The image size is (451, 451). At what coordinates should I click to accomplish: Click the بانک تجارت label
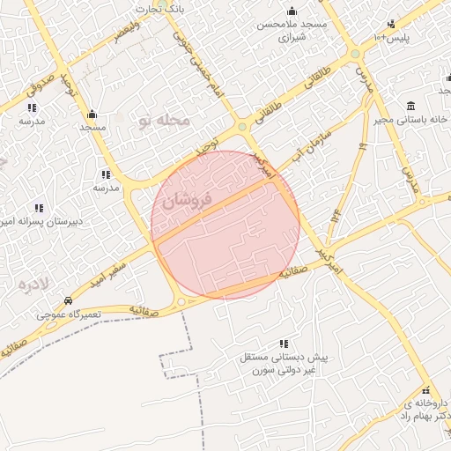click(158, 9)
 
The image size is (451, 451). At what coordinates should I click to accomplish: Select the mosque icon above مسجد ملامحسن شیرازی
click(292, 11)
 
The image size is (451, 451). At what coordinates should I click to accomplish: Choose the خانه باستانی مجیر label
click(411, 119)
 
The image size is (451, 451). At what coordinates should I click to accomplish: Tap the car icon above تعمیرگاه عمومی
click(69, 300)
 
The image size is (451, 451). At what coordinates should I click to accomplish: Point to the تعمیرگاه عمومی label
click(69, 314)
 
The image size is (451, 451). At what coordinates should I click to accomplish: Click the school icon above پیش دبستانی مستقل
click(283, 344)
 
